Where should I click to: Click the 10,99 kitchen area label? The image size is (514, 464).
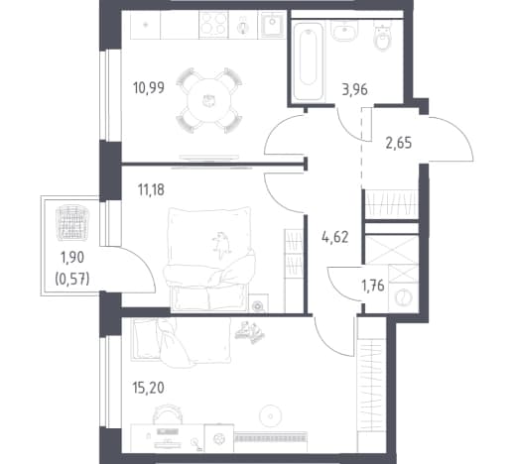[x=149, y=88]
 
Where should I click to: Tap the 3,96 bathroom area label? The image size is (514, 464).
[x=354, y=89]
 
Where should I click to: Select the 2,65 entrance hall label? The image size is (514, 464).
[x=399, y=143]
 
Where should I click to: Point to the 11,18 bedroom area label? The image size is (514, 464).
[x=151, y=190]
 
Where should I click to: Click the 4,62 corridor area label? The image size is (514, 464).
[x=335, y=237]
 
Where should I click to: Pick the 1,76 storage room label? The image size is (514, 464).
[x=373, y=286]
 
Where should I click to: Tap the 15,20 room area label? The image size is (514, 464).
[x=148, y=388]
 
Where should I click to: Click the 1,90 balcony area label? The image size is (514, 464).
[x=72, y=257]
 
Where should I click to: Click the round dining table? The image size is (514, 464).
[x=209, y=100]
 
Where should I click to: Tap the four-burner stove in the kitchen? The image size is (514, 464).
[x=213, y=24]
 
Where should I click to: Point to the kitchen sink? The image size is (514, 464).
[x=272, y=24]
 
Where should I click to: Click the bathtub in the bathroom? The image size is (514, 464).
[x=308, y=60]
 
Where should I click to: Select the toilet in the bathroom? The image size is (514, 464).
[x=383, y=38]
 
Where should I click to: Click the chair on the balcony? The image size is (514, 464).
[x=69, y=223]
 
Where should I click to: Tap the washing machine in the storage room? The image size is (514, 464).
[x=403, y=297]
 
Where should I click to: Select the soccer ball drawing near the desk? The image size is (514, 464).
[x=219, y=439]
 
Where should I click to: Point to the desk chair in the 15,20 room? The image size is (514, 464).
[x=168, y=413]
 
